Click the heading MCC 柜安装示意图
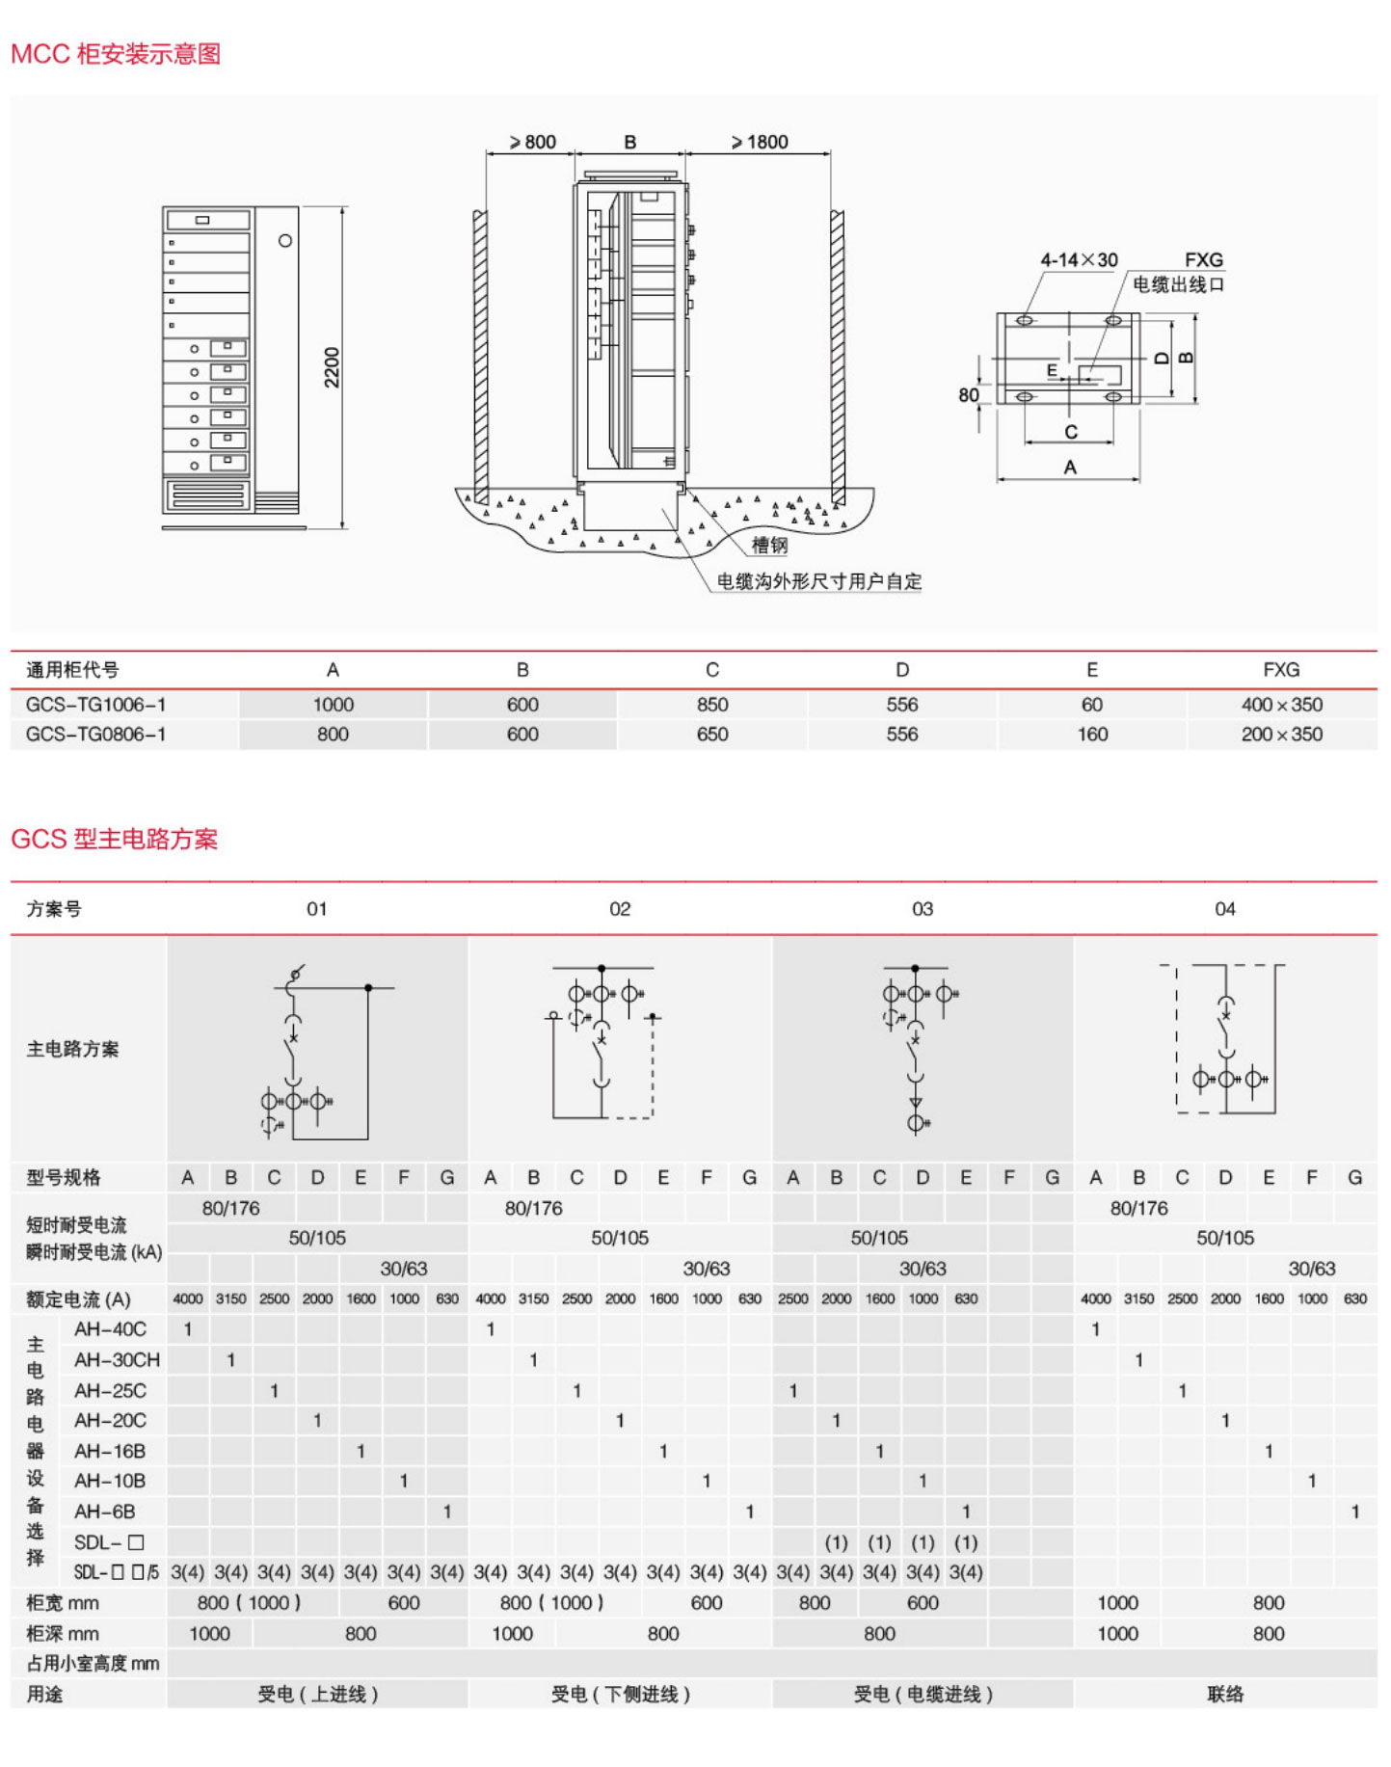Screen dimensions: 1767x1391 click(116, 54)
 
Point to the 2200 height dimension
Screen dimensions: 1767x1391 click(332, 367)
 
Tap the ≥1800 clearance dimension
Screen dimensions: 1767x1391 click(760, 143)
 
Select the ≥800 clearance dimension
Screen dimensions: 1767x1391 click(533, 143)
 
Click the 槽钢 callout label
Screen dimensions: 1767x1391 click(769, 546)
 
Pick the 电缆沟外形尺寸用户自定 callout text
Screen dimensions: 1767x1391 click(819, 581)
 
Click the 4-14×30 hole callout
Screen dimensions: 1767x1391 click(1079, 260)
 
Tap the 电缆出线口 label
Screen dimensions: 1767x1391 click(1178, 284)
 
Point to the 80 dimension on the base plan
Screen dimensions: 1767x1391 click(968, 395)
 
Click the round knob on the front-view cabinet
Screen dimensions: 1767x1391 click(285, 241)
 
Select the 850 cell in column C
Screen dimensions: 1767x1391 click(712, 705)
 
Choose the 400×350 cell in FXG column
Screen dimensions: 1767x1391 click(1281, 705)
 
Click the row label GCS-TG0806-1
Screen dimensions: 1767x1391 click(95, 735)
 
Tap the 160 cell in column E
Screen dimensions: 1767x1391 click(1092, 735)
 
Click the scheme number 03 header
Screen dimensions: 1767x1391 click(923, 909)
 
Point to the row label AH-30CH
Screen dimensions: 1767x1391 click(117, 1360)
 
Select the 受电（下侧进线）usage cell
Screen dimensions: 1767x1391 click(620, 1694)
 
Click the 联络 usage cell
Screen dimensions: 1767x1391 click(1225, 1694)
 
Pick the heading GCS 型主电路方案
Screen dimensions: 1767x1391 click(115, 839)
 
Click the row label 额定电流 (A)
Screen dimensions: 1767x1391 click(78, 1299)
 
